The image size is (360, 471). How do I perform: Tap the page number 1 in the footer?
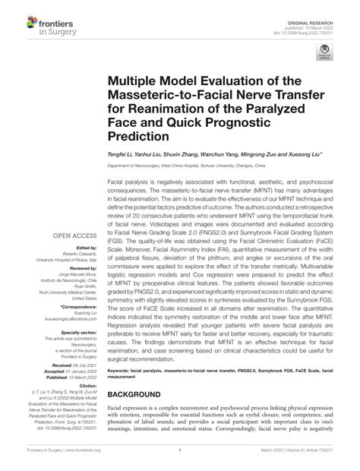click(x=181, y=458)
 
